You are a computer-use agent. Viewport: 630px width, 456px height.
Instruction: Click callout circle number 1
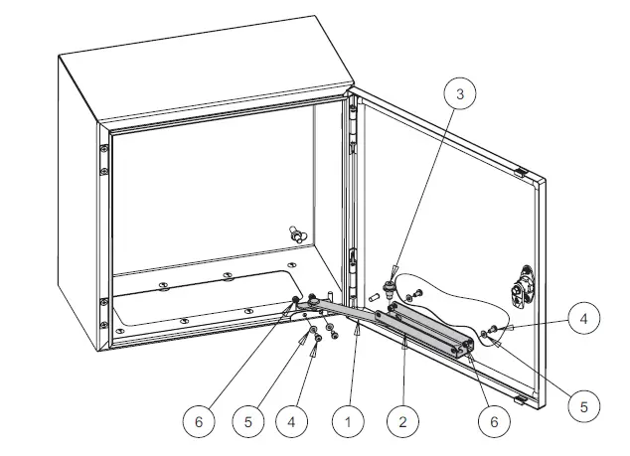point(348,421)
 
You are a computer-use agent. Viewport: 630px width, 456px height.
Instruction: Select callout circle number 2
point(402,421)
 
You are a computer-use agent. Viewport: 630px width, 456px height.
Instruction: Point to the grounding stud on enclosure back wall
point(296,234)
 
